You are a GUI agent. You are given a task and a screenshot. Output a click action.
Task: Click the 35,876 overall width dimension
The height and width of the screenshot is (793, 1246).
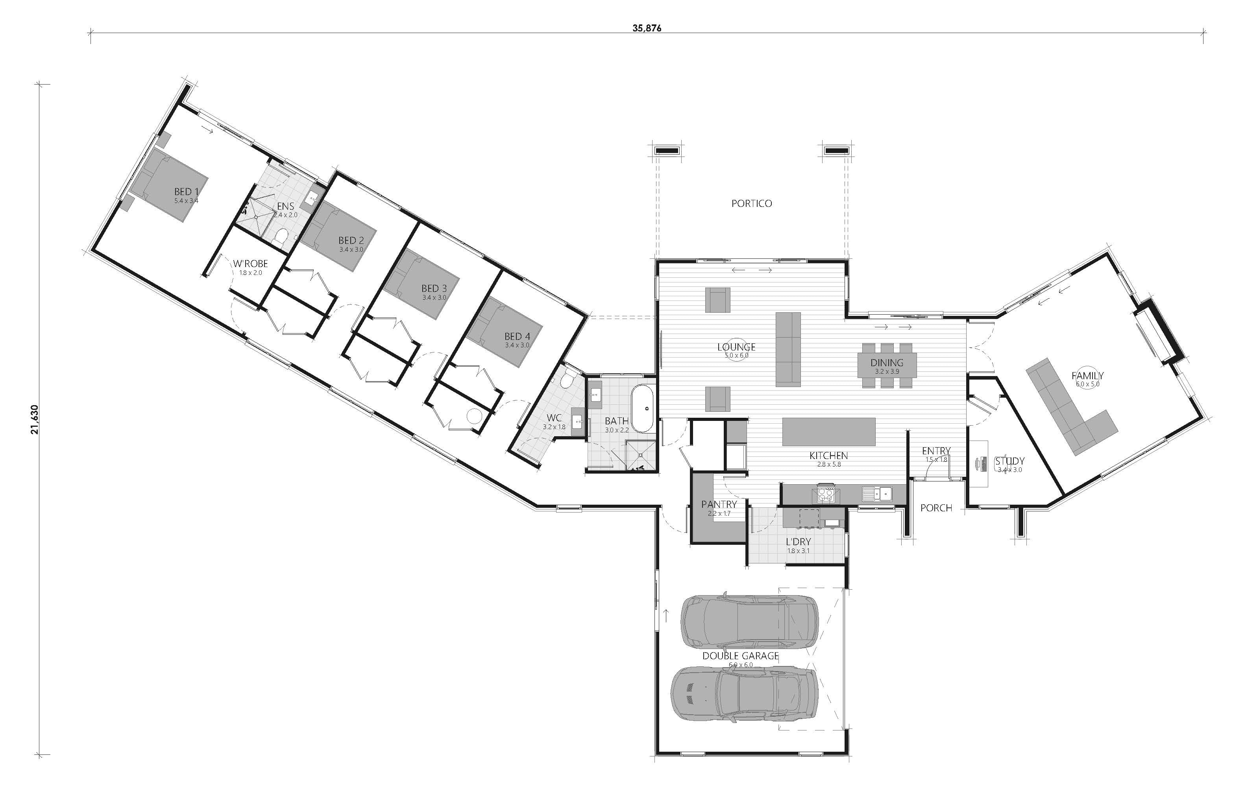click(x=646, y=28)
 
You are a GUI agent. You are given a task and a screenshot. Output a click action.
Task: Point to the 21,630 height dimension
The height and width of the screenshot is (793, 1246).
click(x=35, y=420)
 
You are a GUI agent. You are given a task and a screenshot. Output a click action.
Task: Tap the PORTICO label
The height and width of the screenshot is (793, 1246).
click(x=751, y=204)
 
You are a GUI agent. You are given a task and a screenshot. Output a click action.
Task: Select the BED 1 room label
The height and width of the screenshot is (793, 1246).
click(x=186, y=192)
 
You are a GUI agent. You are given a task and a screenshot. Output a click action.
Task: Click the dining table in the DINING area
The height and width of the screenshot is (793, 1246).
click(x=887, y=365)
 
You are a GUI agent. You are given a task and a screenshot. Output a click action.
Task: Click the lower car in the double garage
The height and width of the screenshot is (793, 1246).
click(x=745, y=694)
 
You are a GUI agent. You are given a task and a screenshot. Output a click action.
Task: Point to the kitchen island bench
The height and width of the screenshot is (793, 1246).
click(x=829, y=432)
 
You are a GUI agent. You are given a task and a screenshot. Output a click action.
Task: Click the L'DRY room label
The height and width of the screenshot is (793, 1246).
click(x=799, y=542)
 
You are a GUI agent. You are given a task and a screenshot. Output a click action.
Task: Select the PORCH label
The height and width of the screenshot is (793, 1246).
click(x=936, y=508)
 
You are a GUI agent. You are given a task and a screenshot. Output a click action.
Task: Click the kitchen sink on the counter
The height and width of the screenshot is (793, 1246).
click(x=876, y=494)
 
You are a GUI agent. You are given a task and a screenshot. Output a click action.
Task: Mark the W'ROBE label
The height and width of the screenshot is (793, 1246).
click(x=250, y=264)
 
